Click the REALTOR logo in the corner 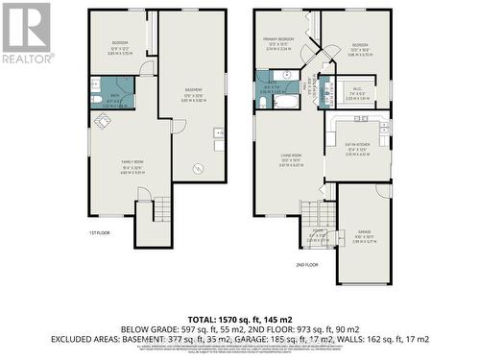click(x=26, y=33)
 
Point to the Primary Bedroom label click(x=278, y=43)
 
